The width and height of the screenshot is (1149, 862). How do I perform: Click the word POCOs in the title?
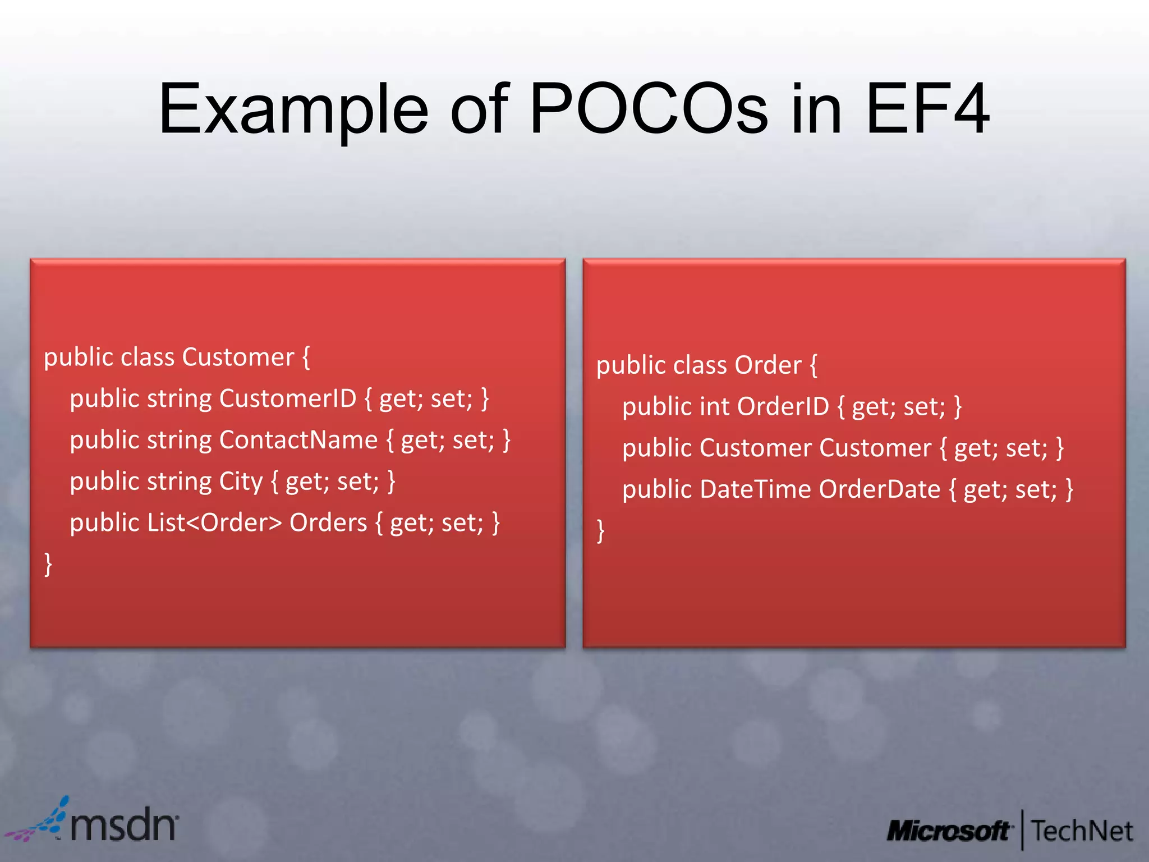648,109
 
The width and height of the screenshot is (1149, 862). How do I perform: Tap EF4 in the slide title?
927,109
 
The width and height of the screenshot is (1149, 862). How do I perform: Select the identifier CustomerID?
288,399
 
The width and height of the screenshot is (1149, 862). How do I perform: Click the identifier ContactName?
298,441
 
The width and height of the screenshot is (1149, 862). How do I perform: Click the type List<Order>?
214,523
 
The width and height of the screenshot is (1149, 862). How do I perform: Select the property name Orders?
328,523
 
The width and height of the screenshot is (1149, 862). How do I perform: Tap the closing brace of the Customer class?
48,563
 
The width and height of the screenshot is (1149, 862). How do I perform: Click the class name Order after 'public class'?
768,366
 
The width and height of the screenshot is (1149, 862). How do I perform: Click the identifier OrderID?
783,407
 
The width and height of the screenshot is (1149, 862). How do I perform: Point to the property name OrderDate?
879,489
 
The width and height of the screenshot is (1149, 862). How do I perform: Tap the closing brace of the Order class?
601,530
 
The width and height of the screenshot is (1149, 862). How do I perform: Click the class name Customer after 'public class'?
238,357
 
